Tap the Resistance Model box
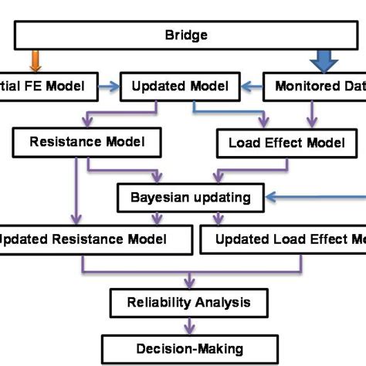(x=89, y=142)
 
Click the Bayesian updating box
(x=191, y=197)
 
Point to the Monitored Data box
(x=317, y=87)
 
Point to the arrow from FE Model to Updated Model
(x=109, y=87)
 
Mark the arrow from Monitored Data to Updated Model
(x=248, y=87)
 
